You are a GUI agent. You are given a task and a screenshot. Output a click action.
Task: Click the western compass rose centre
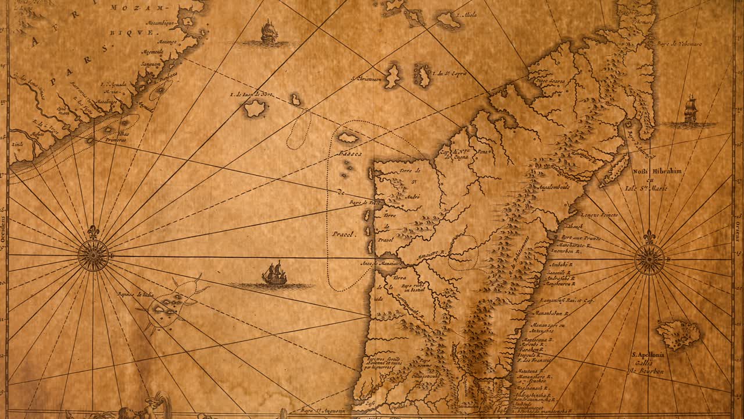(x=93, y=255)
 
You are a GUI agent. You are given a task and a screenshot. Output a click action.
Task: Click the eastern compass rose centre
(x=649, y=260)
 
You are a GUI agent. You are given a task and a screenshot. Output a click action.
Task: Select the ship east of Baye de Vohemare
(x=691, y=110)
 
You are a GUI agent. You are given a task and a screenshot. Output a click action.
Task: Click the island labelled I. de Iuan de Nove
(x=255, y=108)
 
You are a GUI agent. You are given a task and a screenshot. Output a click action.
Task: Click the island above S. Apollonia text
(x=678, y=335)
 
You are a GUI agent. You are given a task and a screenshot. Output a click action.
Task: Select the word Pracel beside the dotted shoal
(x=343, y=234)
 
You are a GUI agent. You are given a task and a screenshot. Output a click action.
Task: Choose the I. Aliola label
(x=467, y=15)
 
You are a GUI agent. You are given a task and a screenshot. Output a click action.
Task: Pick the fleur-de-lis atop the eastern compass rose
(x=649, y=237)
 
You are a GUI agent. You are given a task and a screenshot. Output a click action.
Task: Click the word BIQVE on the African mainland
(x=139, y=33)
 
